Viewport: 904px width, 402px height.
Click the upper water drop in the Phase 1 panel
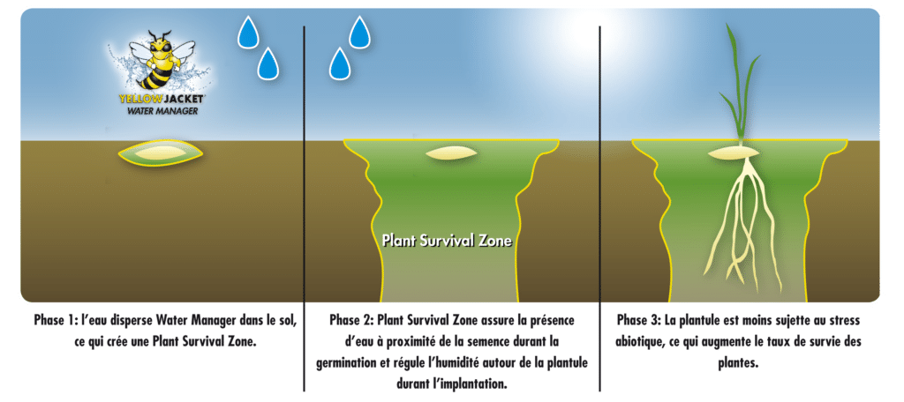click(248, 33)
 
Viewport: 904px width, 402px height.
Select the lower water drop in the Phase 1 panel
click(268, 63)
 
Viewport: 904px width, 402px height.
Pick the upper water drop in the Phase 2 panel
click(359, 33)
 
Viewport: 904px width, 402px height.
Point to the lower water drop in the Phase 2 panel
click(340, 63)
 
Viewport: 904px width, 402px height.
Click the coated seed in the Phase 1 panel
click(161, 153)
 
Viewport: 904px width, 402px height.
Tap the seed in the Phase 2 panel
click(451, 153)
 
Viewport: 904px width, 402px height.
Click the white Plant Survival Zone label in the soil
click(448, 241)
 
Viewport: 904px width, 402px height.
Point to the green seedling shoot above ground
click(741, 86)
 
